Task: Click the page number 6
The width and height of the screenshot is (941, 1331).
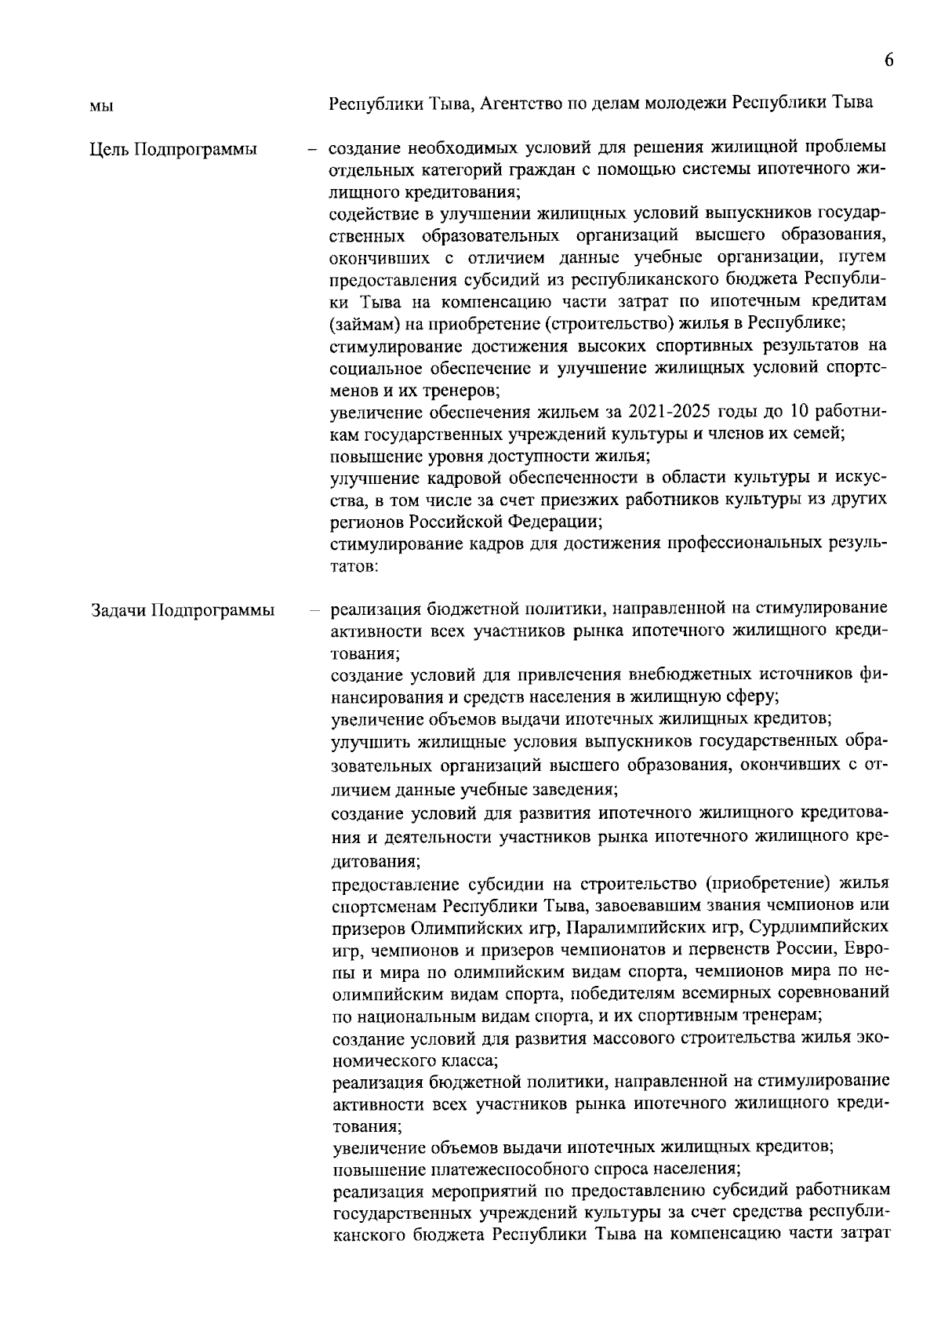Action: click(x=888, y=61)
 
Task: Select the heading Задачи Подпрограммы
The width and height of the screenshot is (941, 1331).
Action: click(x=182, y=610)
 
